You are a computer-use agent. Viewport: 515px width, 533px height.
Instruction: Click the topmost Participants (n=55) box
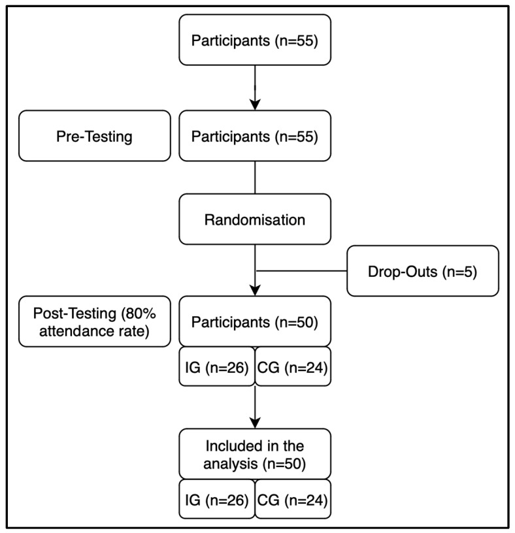255,40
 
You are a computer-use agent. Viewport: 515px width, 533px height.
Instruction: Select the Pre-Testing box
95,136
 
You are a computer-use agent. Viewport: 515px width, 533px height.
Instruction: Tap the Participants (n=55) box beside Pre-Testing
255,136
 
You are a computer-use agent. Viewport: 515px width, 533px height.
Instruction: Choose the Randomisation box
255,219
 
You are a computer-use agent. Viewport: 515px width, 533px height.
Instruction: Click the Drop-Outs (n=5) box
423,271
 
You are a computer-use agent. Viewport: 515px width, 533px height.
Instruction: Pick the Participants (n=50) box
255,321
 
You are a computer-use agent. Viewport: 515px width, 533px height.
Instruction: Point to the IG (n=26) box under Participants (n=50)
217,366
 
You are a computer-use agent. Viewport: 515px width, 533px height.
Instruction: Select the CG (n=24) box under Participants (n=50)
293,366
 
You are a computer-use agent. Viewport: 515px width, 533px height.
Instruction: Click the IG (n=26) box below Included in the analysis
217,499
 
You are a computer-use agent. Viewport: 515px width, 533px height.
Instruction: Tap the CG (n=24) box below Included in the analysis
293,499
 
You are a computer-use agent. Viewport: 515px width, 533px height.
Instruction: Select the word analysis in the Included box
230,464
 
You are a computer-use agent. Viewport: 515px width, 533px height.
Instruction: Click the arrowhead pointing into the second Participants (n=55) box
255,105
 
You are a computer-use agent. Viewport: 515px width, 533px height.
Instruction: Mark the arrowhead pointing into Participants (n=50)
255,290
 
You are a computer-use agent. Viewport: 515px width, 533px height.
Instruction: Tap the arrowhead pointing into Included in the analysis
255,423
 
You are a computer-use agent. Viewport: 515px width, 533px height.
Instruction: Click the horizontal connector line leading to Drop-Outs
301,271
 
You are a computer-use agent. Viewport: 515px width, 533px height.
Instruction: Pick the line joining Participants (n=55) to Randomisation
255,178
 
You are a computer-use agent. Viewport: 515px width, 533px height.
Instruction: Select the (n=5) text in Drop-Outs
459,272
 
